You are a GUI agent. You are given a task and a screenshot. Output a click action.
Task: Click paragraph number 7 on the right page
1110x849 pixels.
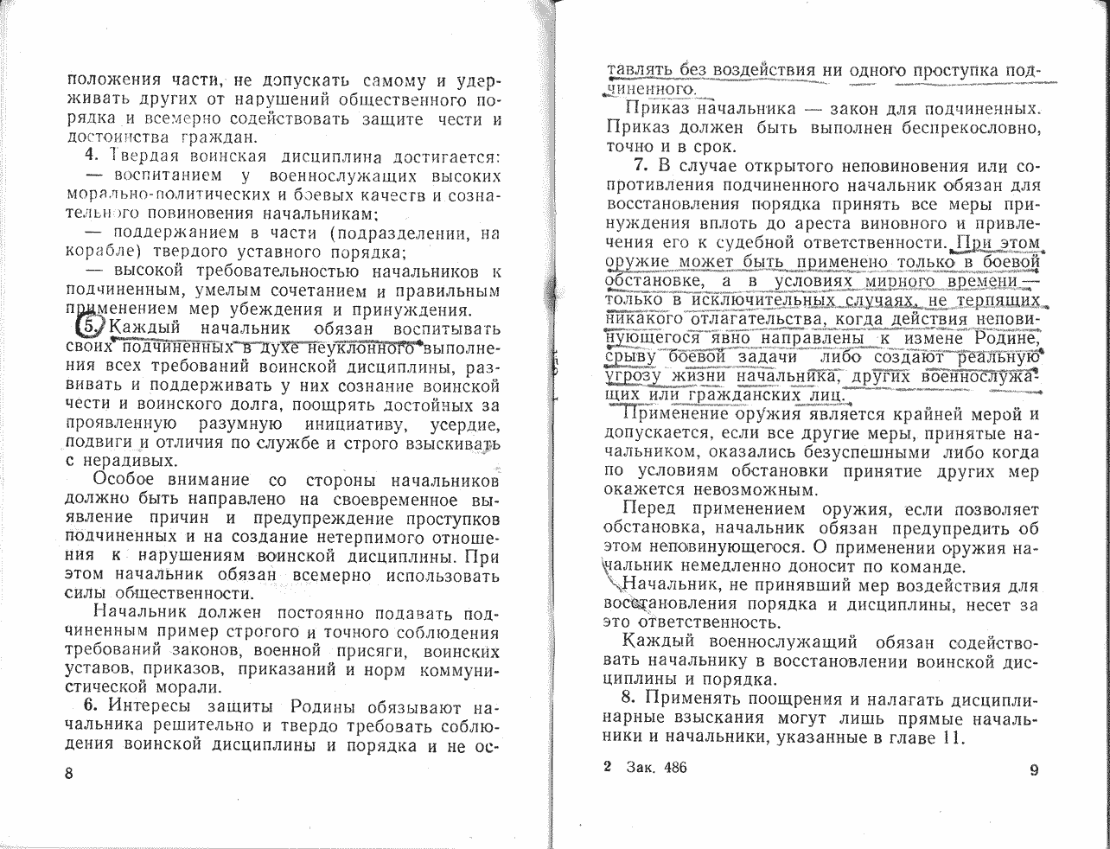point(640,165)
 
